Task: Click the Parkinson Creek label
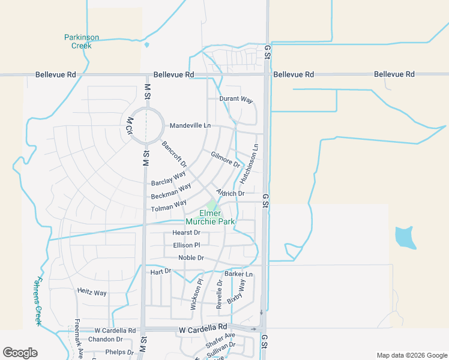(78, 41)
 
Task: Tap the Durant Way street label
(236, 98)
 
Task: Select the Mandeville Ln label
(190, 125)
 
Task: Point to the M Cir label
(129, 126)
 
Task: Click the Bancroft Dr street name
(174, 154)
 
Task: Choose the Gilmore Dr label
(225, 160)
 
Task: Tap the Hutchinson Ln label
(249, 163)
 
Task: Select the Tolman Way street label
(169, 208)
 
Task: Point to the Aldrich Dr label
(231, 193)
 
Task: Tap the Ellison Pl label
(186, 245)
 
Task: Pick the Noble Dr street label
(191, 258)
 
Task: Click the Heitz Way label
(92, 293)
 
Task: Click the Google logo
(20, 353)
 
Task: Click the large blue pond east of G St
(405, 237)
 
